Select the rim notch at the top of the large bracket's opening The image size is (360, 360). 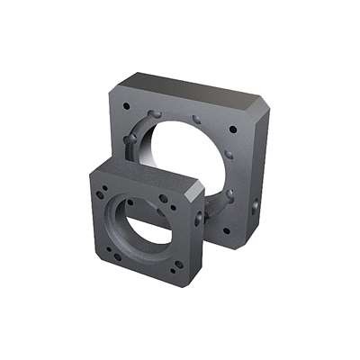[196, 117]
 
